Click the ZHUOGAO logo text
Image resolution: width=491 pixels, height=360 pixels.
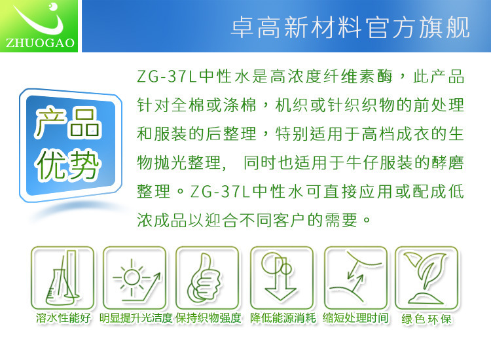pos(40,43)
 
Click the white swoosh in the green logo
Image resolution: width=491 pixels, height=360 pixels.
pos(37,24)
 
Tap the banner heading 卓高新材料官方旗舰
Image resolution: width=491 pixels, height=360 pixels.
pos(350,27)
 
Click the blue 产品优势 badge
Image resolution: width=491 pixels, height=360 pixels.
pos(71,145)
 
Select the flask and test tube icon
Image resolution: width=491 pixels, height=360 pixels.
pos(63,278)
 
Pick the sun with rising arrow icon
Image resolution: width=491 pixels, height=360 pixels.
pos(135,278)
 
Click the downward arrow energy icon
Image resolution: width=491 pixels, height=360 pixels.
pos(282,278)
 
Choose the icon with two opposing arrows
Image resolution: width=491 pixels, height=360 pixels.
pos(355,278)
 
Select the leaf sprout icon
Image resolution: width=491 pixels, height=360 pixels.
pos(426,278)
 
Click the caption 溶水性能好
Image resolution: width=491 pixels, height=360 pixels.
pos(64,318)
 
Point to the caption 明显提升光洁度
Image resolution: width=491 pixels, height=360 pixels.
pos(136,318)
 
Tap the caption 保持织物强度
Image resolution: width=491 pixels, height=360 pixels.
pos(209,318)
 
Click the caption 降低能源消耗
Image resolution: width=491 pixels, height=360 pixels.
pos(283,318)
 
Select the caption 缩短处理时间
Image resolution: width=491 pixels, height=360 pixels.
pos(355,318)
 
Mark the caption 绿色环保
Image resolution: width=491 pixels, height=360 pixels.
pos(426,319)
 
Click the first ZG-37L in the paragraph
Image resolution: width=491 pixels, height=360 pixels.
pos(166,76)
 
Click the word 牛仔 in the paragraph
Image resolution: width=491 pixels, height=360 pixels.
pos(362,163)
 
